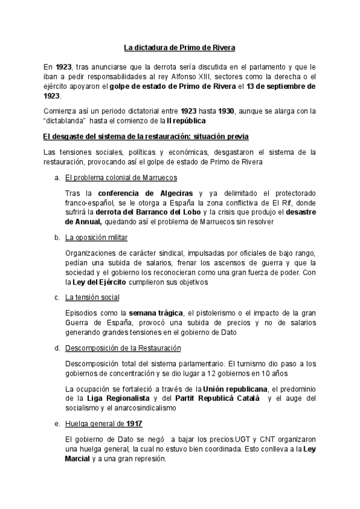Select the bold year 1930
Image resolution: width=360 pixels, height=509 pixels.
coord(226,111)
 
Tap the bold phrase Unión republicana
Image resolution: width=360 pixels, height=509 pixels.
coord(235,389)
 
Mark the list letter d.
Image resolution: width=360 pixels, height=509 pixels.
coord(56,348)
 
